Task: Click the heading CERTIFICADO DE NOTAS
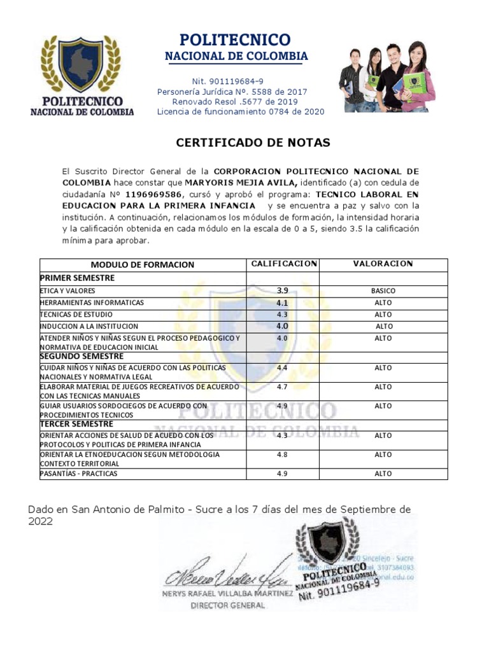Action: (253, 143)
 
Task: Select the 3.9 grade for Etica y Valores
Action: (282, 291)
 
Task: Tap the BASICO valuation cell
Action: (383, 291)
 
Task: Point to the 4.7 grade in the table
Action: (282, 387)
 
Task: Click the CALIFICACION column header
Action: (283, 264)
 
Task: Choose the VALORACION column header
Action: (383, 264)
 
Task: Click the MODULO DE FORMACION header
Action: (142, 264)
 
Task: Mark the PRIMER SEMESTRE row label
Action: (77, 278)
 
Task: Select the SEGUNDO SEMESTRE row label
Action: (81, 357)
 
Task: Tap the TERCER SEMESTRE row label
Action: (76, 424)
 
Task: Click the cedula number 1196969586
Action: (153, 195)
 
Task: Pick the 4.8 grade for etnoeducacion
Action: (282, 455)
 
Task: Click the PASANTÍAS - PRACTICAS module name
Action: (78, 474)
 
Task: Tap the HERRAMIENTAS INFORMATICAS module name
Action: (92, 303)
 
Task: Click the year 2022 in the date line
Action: (41, 521)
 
